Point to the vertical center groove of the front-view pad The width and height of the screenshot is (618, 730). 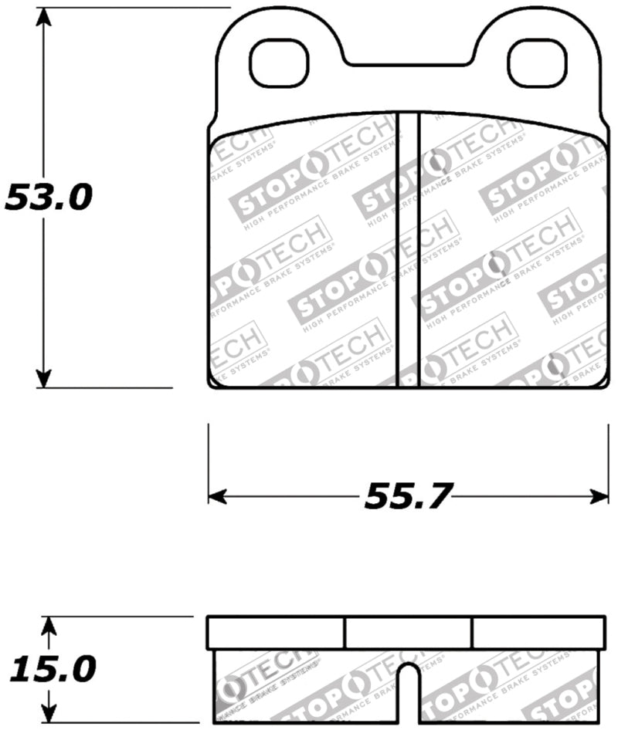[407, 247]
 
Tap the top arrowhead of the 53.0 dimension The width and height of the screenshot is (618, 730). [45, 17]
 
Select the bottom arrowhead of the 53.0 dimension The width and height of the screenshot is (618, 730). [45, 378]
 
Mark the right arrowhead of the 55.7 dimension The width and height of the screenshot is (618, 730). [599, 496]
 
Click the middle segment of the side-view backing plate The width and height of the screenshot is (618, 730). [408, 633]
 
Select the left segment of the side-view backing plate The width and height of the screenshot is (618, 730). [276, 633]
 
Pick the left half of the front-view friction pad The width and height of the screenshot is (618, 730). [303, 255]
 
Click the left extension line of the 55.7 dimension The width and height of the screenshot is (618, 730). [209, 463]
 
